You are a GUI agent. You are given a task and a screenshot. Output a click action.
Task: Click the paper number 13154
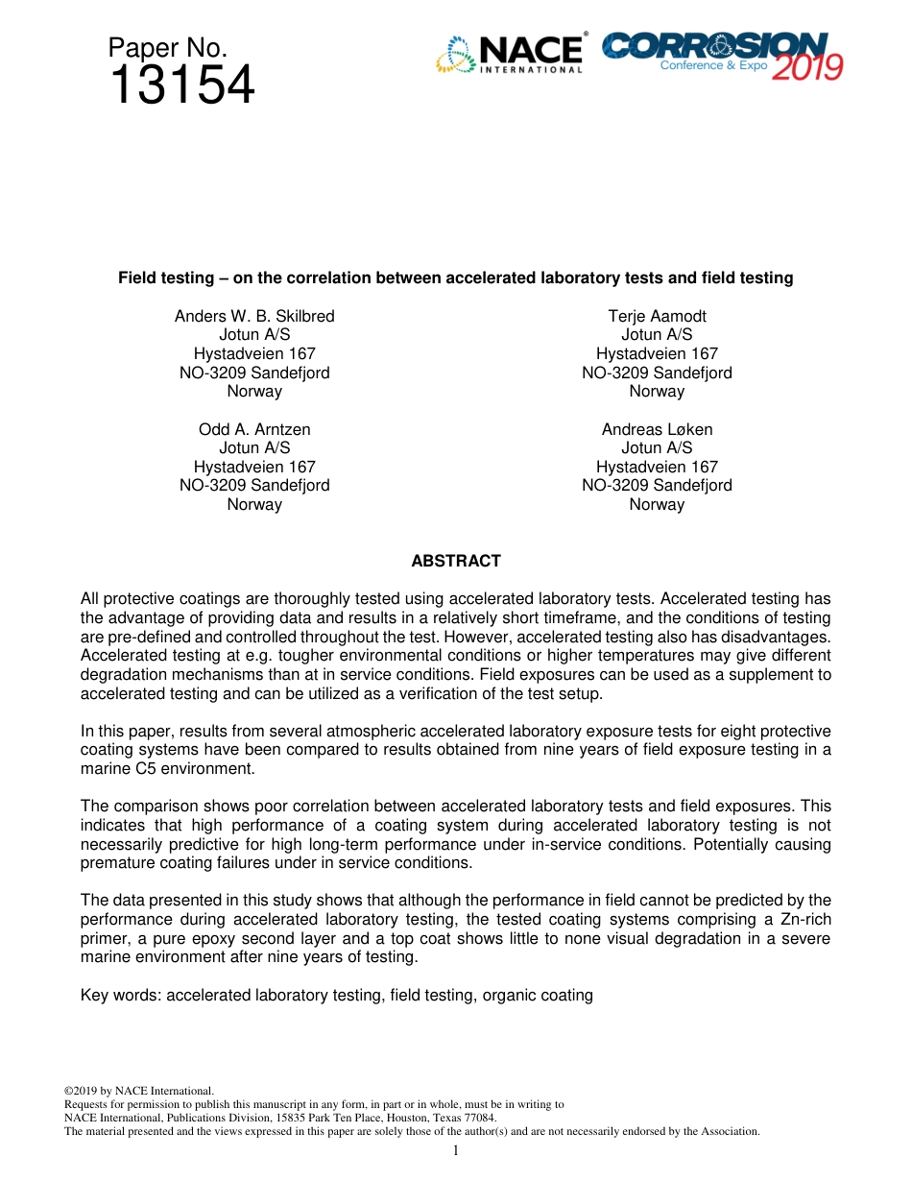point(181,86)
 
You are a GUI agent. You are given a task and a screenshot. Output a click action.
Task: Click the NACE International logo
point(510,55)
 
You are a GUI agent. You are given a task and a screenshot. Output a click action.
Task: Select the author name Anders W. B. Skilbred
point(254,316)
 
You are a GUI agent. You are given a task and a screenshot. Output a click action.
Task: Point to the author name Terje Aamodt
point(657,316)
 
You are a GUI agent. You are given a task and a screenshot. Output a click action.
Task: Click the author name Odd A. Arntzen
point(254,429)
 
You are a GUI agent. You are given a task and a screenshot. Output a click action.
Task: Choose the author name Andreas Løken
point(657,429)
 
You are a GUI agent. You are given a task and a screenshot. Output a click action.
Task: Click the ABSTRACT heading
point(456,561)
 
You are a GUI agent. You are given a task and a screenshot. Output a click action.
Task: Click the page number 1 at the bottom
point(456,1149)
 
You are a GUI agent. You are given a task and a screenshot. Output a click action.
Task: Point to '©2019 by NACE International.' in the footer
point(138,1091)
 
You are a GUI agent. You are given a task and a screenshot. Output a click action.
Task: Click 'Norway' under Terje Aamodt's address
point(657,392)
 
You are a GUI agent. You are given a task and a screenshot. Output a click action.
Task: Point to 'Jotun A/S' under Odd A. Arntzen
point(254,448)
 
